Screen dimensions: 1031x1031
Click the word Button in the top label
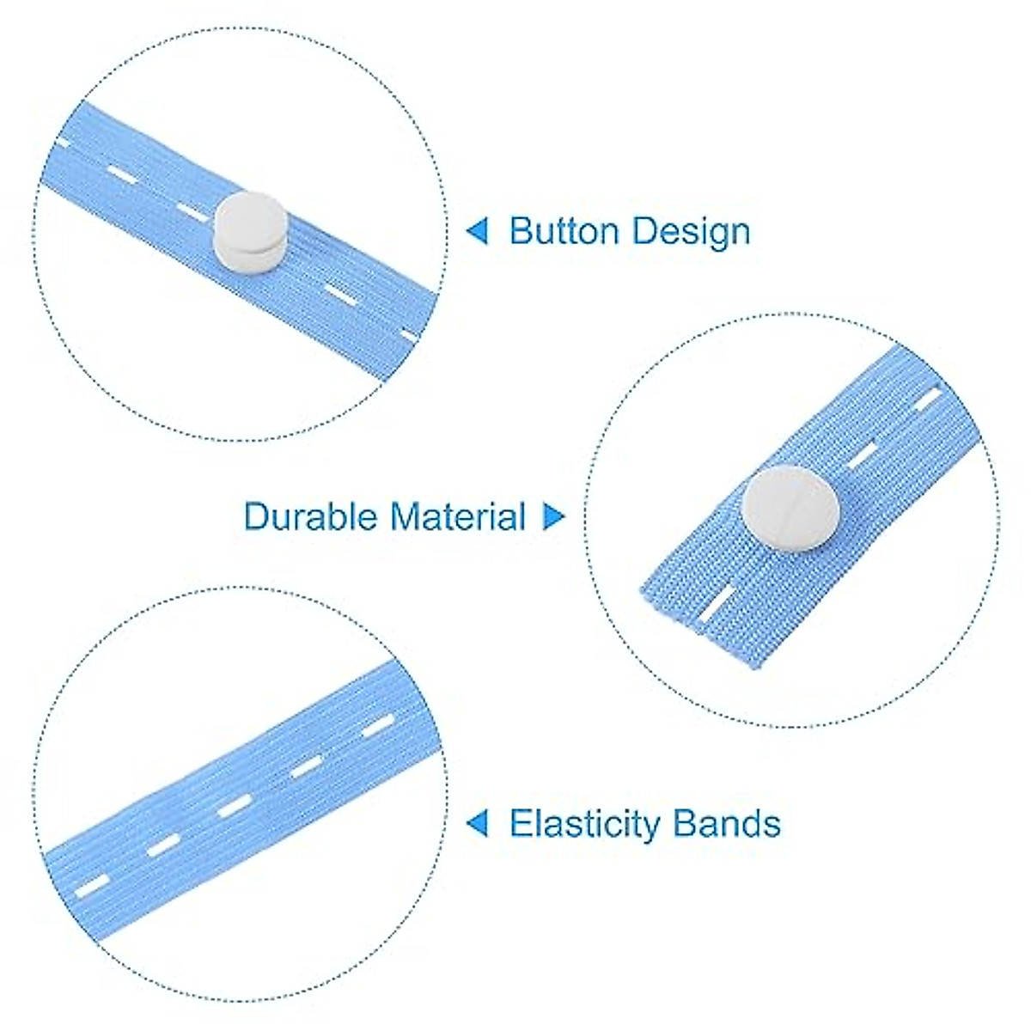click(x=563, y=231)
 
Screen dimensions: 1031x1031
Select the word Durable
click(x=312, y=516)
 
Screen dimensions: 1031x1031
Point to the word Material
click(x=457, y=516)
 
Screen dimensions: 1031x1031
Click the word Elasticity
click(x=585, y=823)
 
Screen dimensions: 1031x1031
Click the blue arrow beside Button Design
click(x=478, y=231)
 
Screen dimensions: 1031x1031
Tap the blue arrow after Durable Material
click(x=555, y=516)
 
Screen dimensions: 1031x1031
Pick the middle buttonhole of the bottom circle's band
click(x=235, y=808)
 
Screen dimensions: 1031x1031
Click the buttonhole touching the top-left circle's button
click(x=191, y=210)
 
